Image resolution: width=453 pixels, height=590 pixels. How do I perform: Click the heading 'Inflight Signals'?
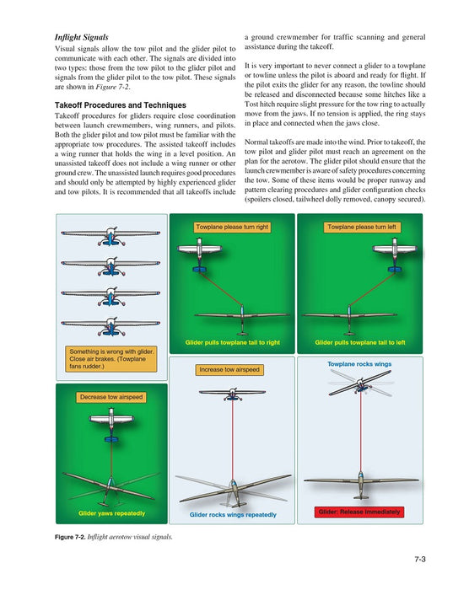(x=81, y=37)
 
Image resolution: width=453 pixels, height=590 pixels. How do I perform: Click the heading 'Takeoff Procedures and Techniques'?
(x=121, y=105)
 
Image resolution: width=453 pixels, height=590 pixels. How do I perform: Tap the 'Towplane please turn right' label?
(x=232, y=227)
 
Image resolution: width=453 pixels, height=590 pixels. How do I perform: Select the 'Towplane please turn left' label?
(x=362, y=227)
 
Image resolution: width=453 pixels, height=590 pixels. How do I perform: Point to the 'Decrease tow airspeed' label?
(x=111, y=397)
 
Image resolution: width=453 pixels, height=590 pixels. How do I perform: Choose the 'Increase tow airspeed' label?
(x=229, y=369)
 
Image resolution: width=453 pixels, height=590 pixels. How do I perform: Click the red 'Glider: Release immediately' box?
(x=359, y=512)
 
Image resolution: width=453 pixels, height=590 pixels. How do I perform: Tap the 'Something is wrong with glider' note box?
(x=111, y=359)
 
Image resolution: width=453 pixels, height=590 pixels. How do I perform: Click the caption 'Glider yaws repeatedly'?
(x=112, y=513)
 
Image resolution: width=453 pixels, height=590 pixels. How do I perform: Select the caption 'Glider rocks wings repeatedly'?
(x=233, y=514)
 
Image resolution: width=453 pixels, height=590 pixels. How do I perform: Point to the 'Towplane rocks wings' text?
(x=359, y=364)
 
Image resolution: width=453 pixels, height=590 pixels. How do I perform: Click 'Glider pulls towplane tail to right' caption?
(x=232, y=342)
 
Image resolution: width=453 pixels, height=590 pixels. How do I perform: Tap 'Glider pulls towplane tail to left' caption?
(x=360, y=342)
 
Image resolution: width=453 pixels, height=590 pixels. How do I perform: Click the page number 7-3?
(x=420, y=559)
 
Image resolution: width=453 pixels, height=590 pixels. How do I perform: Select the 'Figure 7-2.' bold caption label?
(x=70, y=537)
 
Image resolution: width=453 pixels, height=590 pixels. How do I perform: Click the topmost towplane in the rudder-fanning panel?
(x=111, y=236)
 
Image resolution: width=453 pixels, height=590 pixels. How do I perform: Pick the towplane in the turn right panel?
(x=199, y=255)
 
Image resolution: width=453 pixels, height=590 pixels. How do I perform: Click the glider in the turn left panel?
(x=349, y=319)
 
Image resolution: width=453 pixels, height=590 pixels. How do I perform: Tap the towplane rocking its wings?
(x=360, y=383)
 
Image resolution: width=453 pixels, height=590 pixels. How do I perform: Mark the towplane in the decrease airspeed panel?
(x=111, y=425)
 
